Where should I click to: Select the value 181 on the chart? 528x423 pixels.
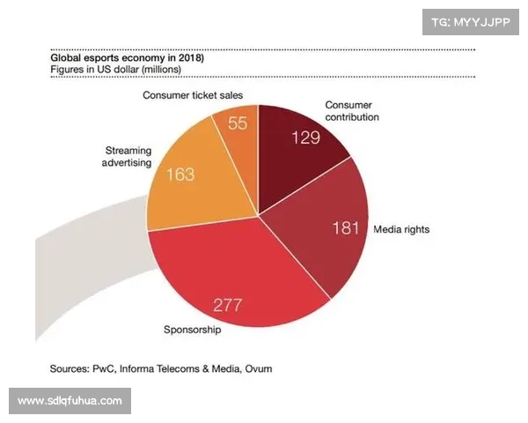[x=344, y=228]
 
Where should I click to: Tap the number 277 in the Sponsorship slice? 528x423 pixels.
[x=228, y=306]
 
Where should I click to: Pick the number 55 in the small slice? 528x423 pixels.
[x=238, y=123]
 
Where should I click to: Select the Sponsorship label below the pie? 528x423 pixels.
[x=193, y=330]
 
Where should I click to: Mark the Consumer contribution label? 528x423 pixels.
[x=351, y=110]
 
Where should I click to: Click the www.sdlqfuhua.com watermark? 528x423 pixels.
[x=70, y=401]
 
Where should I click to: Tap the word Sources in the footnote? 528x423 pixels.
[x=71, y=367]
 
